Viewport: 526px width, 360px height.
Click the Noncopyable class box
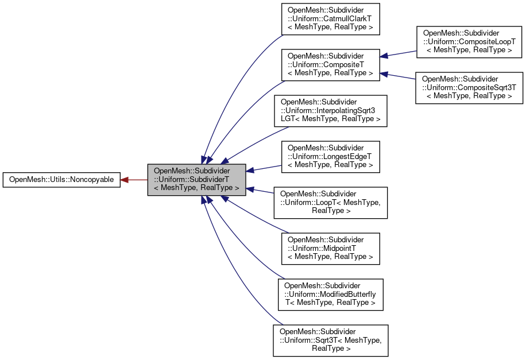pos(61,180)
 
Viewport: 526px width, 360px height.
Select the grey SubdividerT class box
pos(196,180)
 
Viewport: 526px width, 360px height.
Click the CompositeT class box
pos(330,64)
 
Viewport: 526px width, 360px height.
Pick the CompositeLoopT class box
pos(469,42)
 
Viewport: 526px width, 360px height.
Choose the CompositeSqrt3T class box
pos(469,87)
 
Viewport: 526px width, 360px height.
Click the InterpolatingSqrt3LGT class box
pos(330,111)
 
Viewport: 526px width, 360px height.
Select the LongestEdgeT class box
pos(330,156)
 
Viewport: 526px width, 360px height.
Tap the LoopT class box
pos(330,202)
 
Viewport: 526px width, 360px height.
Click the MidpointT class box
pos(330,248)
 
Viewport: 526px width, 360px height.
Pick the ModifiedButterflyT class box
pos(330,294)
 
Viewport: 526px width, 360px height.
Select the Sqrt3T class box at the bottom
pos(330,340)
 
